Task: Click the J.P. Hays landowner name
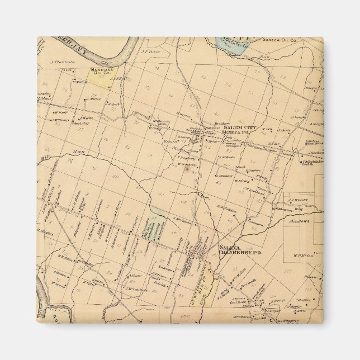(x=151, y=53)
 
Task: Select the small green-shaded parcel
(x=158, y=212)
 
